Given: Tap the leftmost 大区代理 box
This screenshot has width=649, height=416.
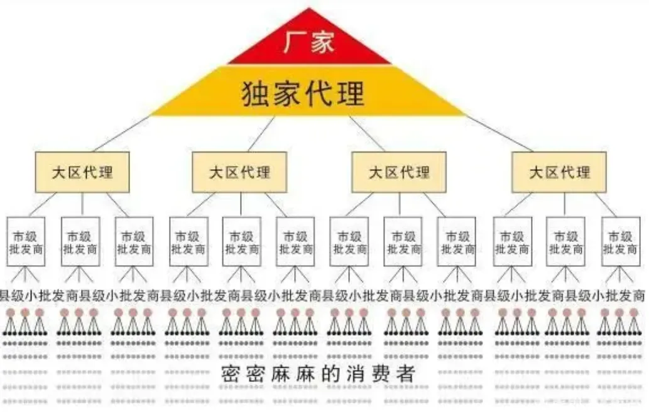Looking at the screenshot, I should [82, 172].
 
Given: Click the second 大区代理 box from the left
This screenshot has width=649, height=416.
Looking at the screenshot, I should [239, 172].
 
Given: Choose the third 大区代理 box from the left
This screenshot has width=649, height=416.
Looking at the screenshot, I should [399, 172].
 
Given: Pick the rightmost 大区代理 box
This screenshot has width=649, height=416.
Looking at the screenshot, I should [559, 172].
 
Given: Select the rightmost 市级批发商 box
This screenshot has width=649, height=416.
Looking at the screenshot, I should [621, 241].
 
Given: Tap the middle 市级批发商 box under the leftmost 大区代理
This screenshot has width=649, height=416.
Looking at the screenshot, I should [80, 241].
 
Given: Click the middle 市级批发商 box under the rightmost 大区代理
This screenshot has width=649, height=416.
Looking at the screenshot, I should [565, 241].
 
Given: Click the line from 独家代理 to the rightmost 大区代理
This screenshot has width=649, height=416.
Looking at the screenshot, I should [499, 134].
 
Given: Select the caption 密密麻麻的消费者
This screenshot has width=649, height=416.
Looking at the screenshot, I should [318, 374].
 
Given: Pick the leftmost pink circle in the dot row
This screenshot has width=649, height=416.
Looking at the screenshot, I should [10, 312].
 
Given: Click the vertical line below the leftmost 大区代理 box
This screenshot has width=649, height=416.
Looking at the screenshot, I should [82, 204].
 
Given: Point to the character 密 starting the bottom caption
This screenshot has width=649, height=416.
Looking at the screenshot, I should [229, 374].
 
